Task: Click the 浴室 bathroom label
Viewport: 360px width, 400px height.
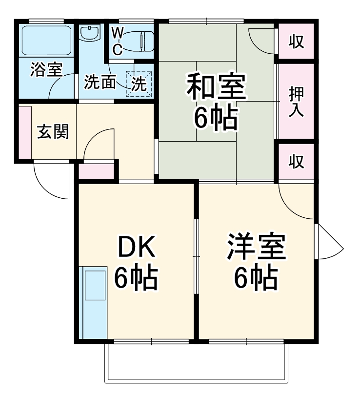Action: point(46,69)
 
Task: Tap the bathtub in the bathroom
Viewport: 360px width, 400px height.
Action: point(47,39)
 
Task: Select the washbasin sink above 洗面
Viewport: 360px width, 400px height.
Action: point(90,34)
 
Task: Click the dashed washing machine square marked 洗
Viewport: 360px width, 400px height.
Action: point(139,84)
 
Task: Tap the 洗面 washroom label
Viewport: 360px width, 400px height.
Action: point(100,83)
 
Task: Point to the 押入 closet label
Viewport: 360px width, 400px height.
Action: point(296,101)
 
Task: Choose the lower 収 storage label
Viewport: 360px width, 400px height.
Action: point(296,161)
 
